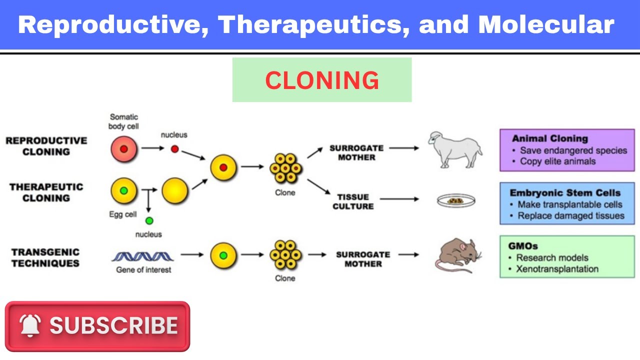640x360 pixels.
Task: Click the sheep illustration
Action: pos(455,149)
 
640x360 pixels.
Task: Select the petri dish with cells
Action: pos(455,200)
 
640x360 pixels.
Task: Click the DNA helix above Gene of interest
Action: pos(142,256)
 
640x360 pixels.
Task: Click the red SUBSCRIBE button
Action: pos(97,326)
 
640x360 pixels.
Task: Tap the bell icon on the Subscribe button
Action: pos(30,326)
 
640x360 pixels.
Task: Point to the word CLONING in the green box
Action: pos(322,80)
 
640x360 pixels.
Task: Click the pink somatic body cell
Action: pos(123,148)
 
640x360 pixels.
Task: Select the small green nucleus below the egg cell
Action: pos(149,220)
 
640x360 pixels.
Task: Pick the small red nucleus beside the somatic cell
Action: pos(174,148)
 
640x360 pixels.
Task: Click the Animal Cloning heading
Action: pos(549,138)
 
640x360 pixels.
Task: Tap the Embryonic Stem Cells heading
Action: pos(565,192)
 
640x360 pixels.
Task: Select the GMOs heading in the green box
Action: pos(522,246)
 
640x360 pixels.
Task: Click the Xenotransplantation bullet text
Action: pos(557,269)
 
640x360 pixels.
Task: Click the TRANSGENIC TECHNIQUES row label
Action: pos(45,257)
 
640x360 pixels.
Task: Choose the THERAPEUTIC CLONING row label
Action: pos(46,192)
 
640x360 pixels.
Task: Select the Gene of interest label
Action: pos(143,270)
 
